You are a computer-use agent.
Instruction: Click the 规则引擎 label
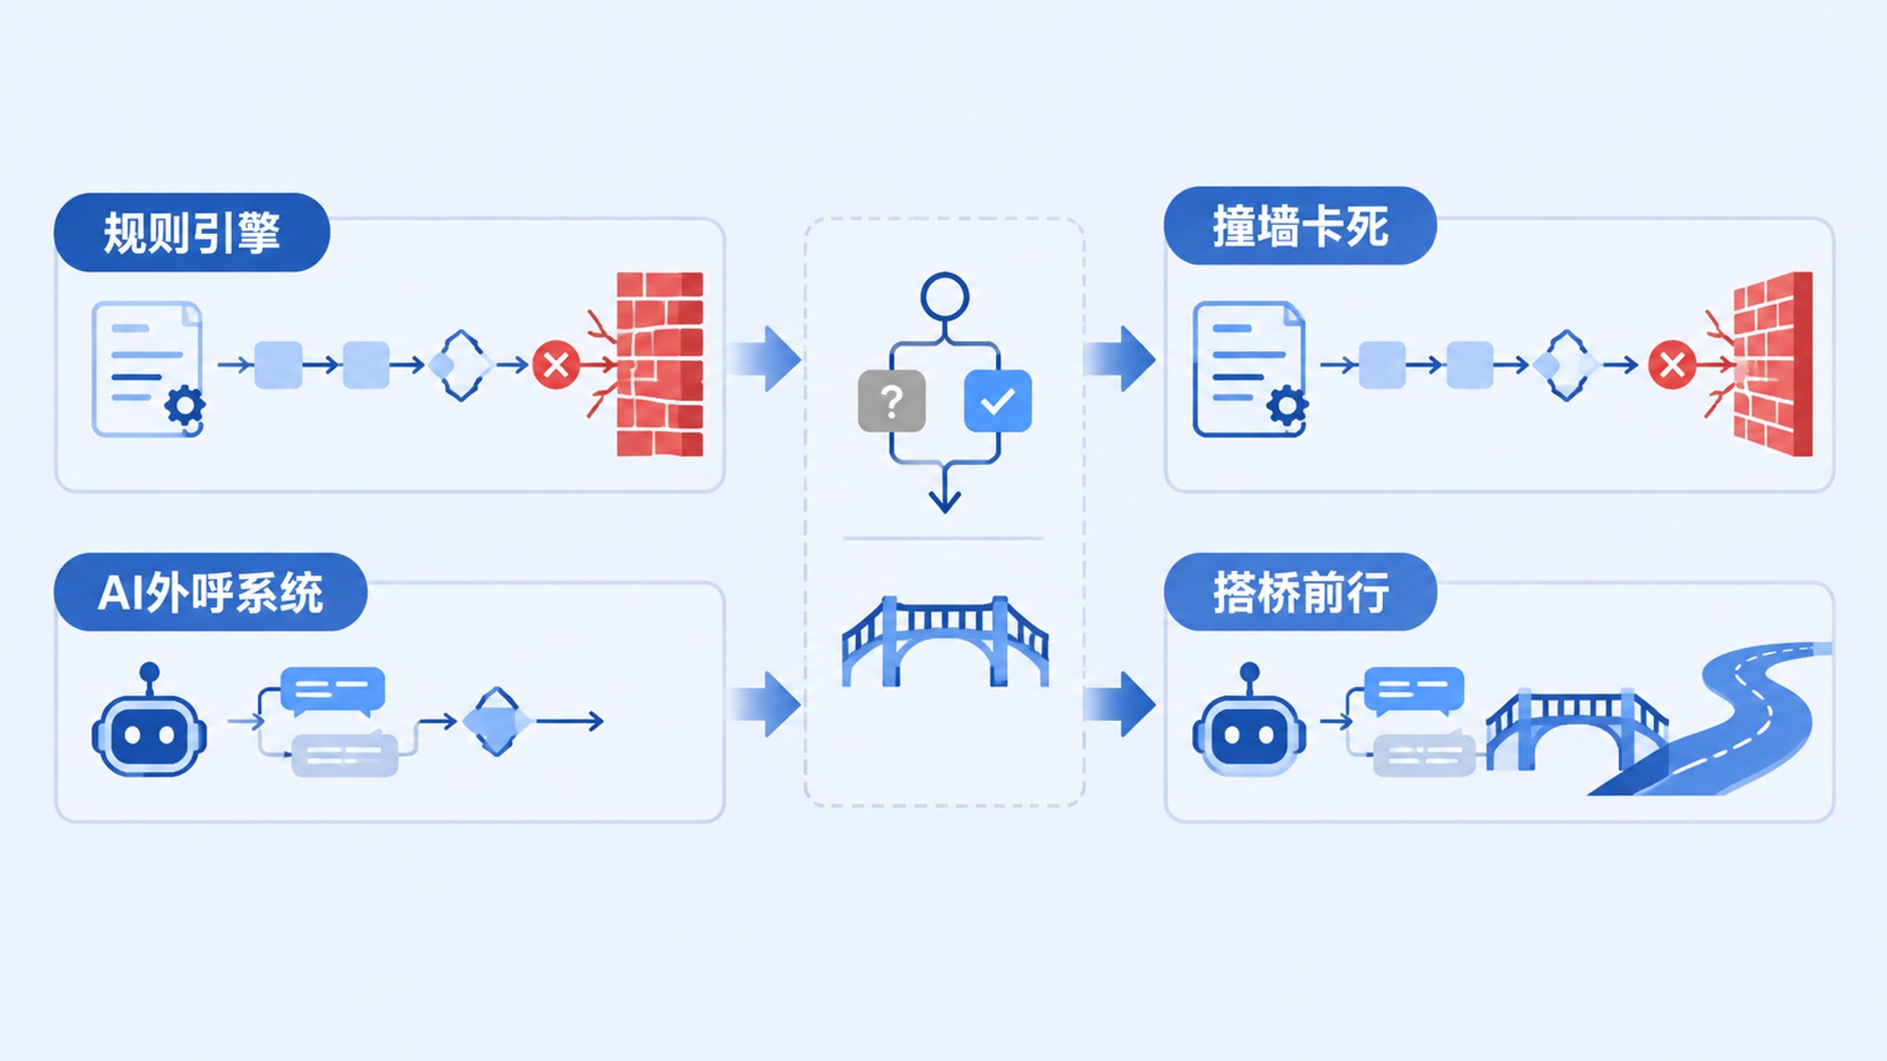click(x=192, y=232)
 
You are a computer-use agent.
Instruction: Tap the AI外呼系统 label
click(x=210, y=592)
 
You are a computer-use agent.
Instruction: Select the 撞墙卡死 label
click(x=1300, y=227)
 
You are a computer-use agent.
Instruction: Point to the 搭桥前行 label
click(x=1300, y=592)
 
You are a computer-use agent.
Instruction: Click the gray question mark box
click(x=891, y=401)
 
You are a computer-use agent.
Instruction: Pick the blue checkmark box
click(x=998, y=401)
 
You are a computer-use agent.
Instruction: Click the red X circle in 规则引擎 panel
click(x=557, y=365)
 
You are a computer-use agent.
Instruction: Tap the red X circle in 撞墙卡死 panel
click(x=1672, y=365)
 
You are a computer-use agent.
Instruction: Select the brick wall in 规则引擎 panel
click(x=660, y=364)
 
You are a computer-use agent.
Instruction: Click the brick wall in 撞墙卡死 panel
click(x=1773, y=364)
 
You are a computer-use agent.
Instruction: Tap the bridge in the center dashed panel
click(x=945, y=641)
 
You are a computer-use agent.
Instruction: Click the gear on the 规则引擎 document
click(x=185, y=406)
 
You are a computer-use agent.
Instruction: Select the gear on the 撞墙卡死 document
click(x=1287, y=406)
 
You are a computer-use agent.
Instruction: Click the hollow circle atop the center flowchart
click(x=944, y=297)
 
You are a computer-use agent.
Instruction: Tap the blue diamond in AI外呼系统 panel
click(x=498, y=721)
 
